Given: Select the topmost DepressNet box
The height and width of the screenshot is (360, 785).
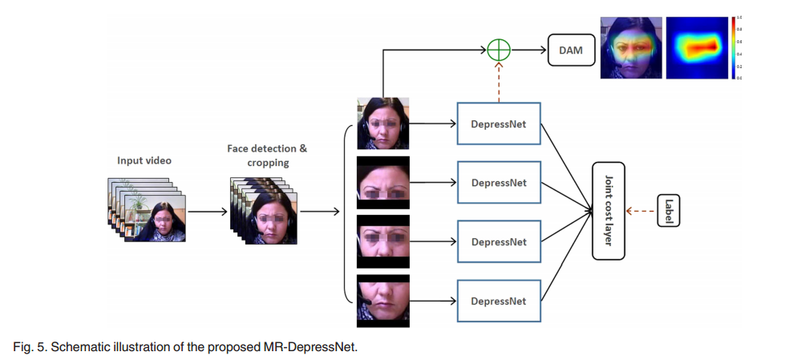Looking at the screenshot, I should (499, 123).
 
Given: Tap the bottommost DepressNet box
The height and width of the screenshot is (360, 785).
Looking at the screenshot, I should (499, 301).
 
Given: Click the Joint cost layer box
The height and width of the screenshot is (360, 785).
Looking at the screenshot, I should (609, 211).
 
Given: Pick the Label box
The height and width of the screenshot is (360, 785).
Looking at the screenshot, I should (668, 211).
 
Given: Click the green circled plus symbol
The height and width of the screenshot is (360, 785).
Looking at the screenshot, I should (500, 50).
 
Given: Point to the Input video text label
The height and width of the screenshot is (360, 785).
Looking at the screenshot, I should (144, 160).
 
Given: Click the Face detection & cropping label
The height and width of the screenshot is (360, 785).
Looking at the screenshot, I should (267, 156).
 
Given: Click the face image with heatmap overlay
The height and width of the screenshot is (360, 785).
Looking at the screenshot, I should (631, 48).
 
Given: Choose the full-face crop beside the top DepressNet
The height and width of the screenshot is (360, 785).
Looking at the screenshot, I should (382, 123).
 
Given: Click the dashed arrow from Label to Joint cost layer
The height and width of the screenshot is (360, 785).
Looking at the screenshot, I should (639, 211).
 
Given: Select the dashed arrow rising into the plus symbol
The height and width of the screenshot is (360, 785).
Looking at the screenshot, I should (500, 81).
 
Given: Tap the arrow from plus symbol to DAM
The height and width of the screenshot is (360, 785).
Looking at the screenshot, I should (528, 50).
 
